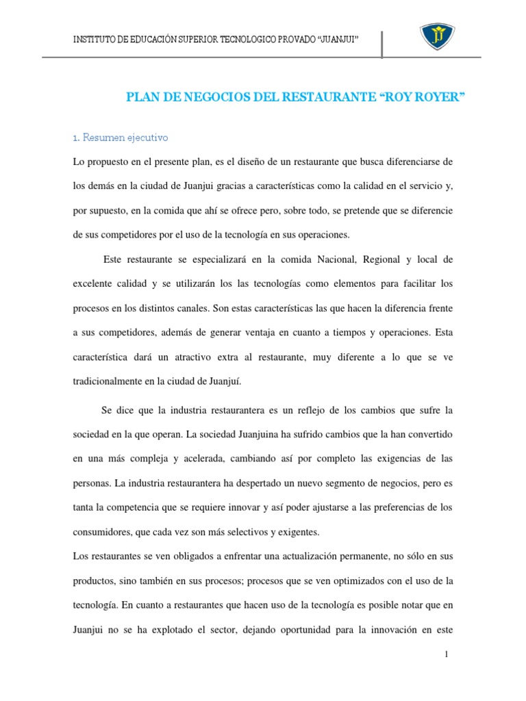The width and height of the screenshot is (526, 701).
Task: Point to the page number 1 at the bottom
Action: click(446, 654)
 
